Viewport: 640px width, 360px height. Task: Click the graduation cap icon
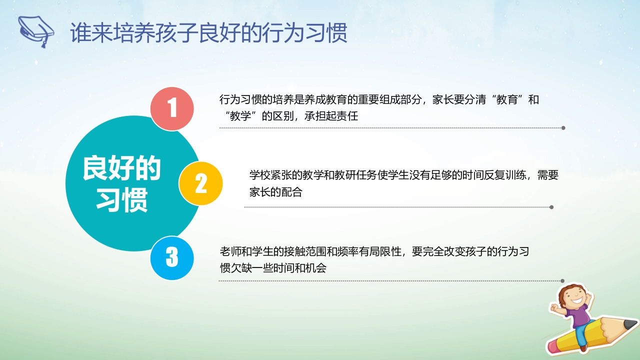tap(35, 31)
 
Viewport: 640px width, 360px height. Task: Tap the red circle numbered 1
tap(172, 108)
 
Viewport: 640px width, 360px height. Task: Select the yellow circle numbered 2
tap(200, 183)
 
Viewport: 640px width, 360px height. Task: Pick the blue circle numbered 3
tap(172, 257)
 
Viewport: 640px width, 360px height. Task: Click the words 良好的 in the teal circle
tap(121, 168)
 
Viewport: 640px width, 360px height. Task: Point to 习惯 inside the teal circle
tap(122, 199)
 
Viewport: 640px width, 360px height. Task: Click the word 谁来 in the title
tap(91, 33)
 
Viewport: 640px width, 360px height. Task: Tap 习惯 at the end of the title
tap(326, 33)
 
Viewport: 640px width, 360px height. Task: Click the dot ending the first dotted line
tap(563, 128)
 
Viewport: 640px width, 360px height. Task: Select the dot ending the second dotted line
tap(551, 207)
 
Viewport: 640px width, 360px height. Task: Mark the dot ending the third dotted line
tap(562, 281)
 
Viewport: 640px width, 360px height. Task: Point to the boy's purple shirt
tap(577, 315)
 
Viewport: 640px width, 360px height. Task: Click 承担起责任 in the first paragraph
tap(331, 116)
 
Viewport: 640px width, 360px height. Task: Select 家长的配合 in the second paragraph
tap(275, 192)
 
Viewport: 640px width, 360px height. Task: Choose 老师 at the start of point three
tap(230, 251)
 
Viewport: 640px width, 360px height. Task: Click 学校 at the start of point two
tap(260, 175)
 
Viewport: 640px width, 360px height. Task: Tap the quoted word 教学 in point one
tap(240, 116)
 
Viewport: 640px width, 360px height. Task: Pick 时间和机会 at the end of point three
tap(299, 268)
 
